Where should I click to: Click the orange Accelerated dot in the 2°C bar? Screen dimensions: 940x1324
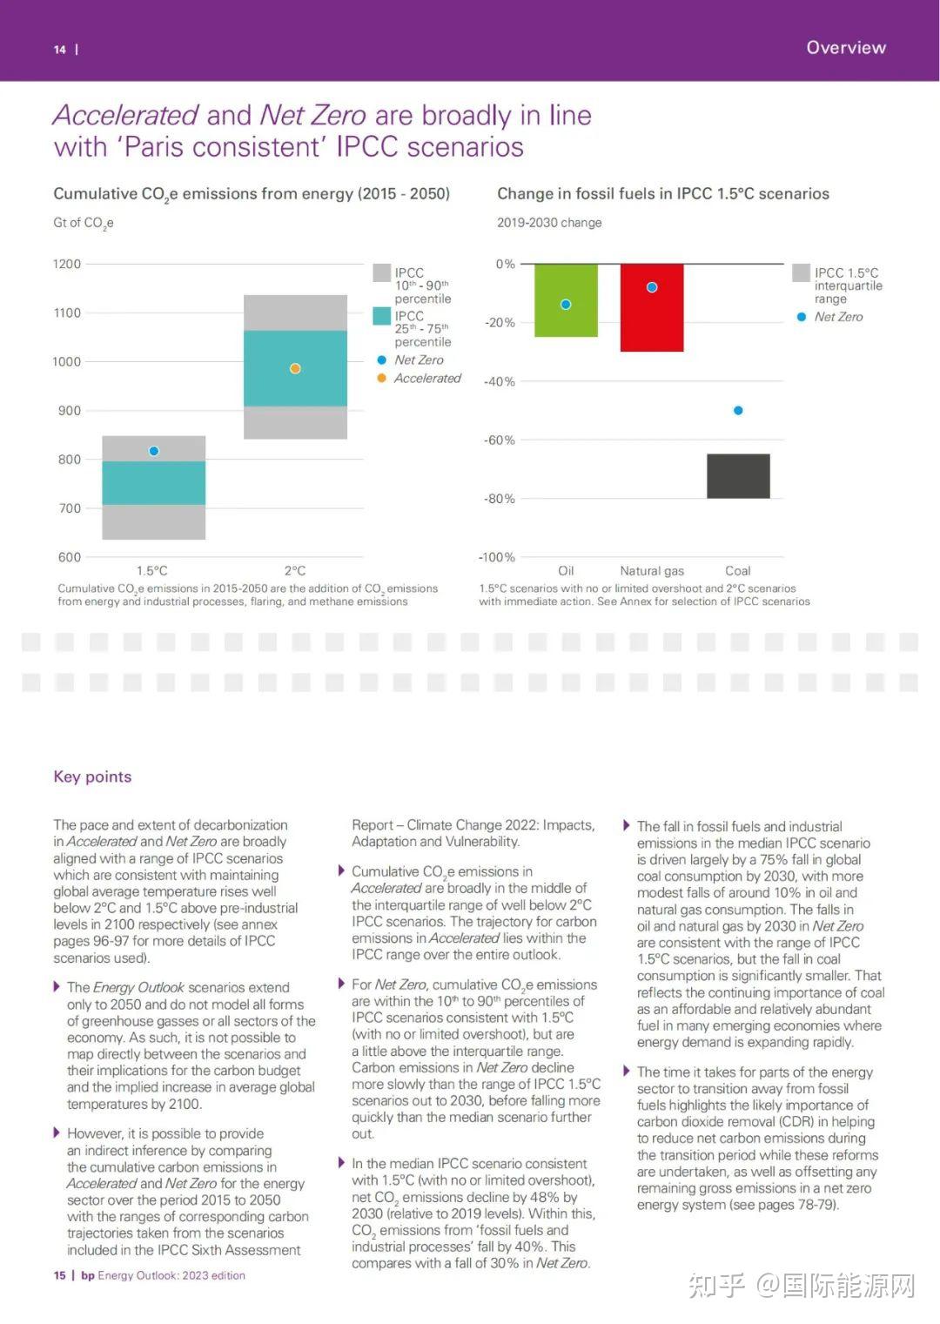295,369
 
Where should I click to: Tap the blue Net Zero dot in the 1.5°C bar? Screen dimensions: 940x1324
154,451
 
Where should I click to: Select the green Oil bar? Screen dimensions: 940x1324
566,300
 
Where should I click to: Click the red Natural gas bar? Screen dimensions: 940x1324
652,307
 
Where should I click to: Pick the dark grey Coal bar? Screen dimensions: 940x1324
739,476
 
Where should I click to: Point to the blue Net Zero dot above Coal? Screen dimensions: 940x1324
739,410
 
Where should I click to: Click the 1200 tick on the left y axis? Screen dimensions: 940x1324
67,265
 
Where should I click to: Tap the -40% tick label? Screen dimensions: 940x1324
500,382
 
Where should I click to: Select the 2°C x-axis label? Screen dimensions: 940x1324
295,570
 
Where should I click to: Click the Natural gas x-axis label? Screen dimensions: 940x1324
652,571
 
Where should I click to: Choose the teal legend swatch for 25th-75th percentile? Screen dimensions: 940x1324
382,316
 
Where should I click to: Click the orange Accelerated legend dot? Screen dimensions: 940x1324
382,378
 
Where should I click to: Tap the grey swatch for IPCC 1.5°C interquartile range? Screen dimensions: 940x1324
801,272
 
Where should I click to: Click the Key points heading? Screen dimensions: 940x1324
93,776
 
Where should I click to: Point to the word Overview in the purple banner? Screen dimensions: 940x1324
846,47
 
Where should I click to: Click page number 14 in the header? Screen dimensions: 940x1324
60,50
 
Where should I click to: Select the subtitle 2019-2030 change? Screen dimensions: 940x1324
549,223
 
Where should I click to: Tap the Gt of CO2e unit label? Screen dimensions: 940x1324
84,224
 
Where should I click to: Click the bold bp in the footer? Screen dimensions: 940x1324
88,1275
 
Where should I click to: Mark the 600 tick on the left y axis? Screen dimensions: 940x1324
69,557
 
